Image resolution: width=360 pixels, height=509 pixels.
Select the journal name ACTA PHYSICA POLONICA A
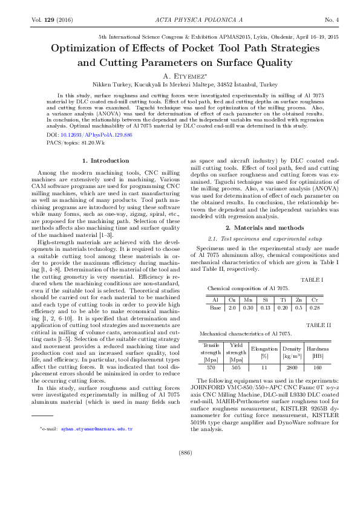click(x=180, y=21)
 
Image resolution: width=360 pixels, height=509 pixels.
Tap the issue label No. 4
click(x=331, y=21)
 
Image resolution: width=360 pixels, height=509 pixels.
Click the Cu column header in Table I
click(x=232, y=299)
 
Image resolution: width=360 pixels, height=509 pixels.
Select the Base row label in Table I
click(x=215, y=307)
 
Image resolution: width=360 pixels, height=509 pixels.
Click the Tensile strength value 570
click(x=211, y=367)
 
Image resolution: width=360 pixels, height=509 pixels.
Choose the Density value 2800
click(x=291, y=367)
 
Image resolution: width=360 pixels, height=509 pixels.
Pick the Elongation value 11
click(x=264, y=367)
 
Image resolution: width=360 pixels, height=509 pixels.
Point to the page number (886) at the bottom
click(x=180, y=485)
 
